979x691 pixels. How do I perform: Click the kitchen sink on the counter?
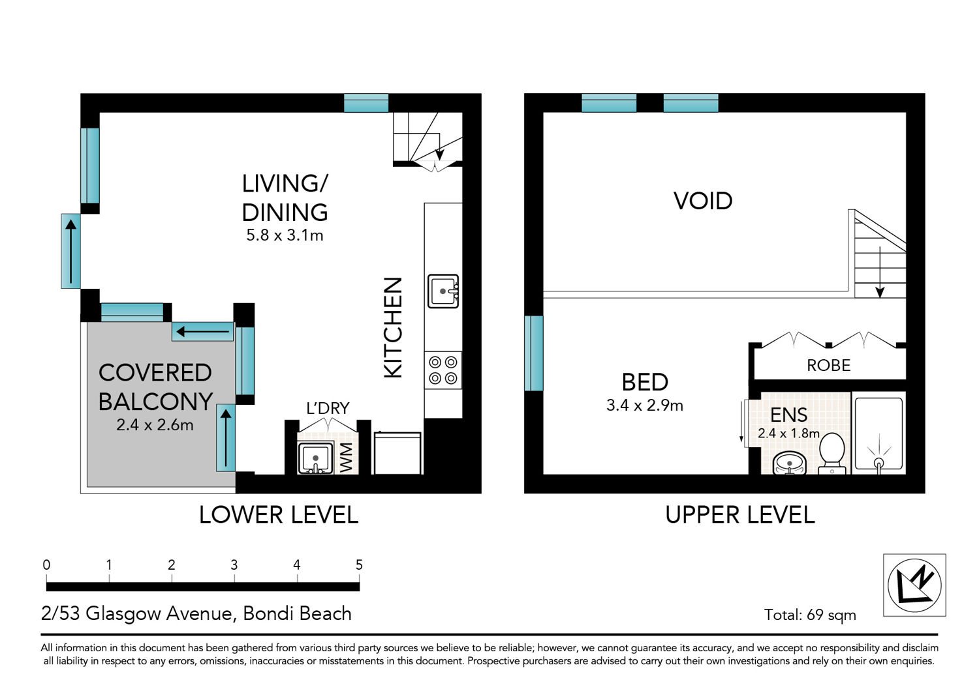pos(443,291)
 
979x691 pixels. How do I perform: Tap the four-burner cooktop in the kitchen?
pos(443,370)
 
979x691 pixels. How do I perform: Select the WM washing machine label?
pos(346,458)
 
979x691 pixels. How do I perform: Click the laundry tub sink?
pos(315,458)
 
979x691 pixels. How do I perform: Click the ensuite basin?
pos(789,463)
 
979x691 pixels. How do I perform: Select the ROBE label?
pos(829,365)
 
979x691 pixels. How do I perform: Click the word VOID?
pos(703,201)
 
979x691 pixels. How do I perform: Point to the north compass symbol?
pos(914,585)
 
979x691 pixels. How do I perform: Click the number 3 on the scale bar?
pos(234,565)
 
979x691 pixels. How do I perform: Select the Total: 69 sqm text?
pos(810,615)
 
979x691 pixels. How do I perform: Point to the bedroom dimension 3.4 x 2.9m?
pos(645,405)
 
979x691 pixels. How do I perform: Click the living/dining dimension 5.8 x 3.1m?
pos(285,235)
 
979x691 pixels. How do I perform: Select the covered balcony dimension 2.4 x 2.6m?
pos(155,425)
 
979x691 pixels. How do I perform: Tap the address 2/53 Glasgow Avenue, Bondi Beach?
pos(196,613)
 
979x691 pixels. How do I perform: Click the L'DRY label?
pos(328,408)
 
